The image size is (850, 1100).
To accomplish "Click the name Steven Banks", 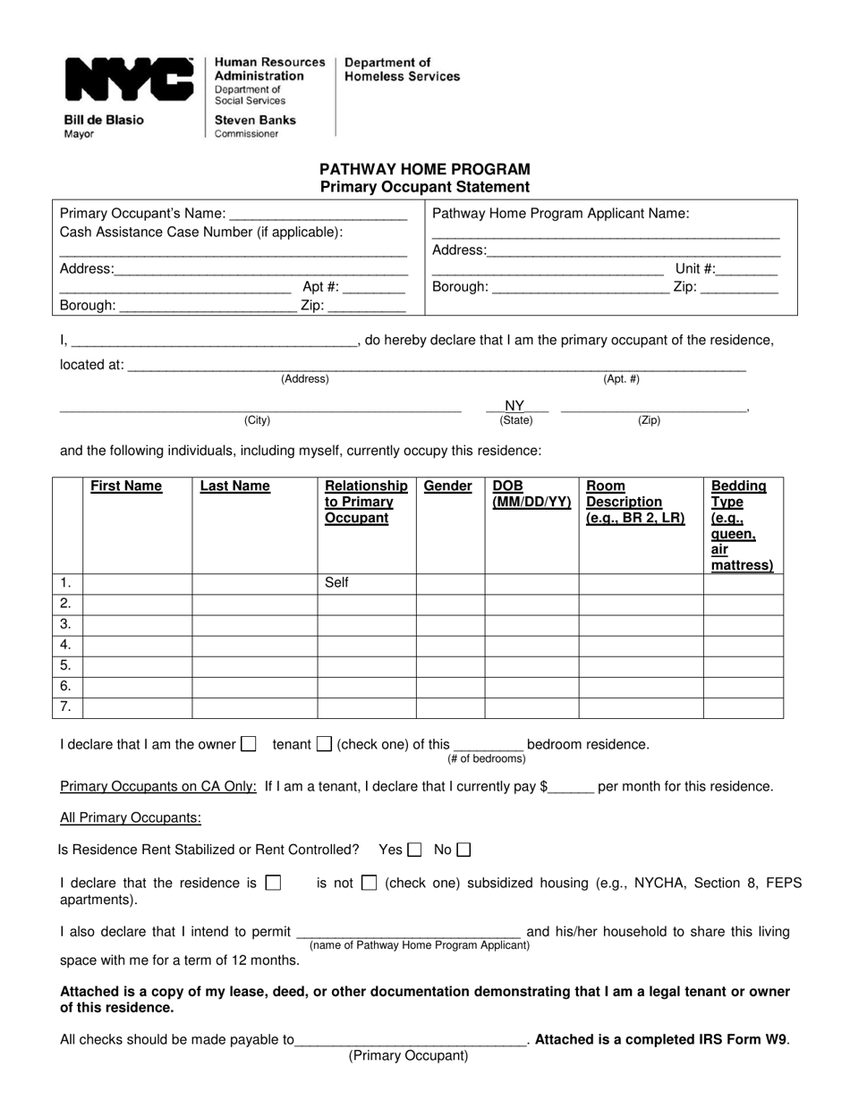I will coord(255,120).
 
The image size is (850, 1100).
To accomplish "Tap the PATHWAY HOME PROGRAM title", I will coord(425,169).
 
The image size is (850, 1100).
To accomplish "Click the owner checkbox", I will coord(250,743).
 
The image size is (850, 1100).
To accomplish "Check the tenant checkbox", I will coord(325,743).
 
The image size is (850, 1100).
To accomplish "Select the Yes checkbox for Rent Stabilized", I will coord(414,850).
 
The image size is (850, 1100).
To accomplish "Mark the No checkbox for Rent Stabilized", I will coord(463,850).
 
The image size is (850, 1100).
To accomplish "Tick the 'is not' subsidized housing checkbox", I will coord(369,883).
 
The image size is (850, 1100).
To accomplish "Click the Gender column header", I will coord(447,487).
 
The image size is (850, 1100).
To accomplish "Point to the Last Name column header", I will coord(234,487).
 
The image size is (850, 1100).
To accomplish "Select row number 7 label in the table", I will coord(65,707).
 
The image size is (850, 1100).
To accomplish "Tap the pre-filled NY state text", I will coord(514,405).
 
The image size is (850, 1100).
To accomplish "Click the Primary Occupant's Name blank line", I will coord(318,215).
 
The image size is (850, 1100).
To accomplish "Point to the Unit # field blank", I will coord(747,269).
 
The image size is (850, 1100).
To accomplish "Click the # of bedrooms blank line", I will coord(488,744).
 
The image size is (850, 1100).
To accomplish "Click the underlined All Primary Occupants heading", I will coord(131,817).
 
